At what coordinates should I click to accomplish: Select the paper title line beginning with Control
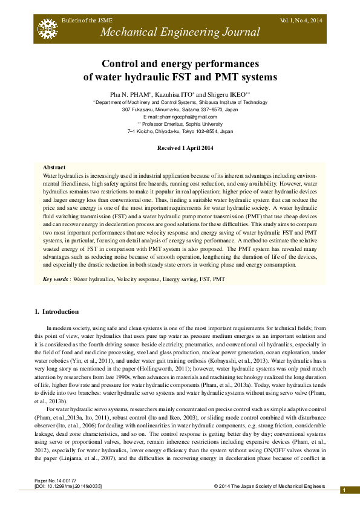pyautogui.click(x=180, y=63)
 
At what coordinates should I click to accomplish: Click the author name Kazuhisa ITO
pyautogui.click(x=174, y=95)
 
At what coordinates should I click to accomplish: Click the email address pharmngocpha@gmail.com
pyautogui.click(x=180, y=117)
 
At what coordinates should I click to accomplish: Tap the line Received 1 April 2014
pyautogui.click(x=180, y=148)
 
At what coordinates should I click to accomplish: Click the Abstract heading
pyautogui.click(x=54, y=167)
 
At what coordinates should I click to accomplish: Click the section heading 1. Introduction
pyautogui.click(x=56, y=312)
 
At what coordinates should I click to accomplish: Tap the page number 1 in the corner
pyautogui.click(x=344, y=490)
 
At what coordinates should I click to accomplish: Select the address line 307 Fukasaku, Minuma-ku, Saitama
pyautogui.click(x=180, y=110)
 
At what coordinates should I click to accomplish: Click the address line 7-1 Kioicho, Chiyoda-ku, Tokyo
pyautogui.click(x=180, y=131)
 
